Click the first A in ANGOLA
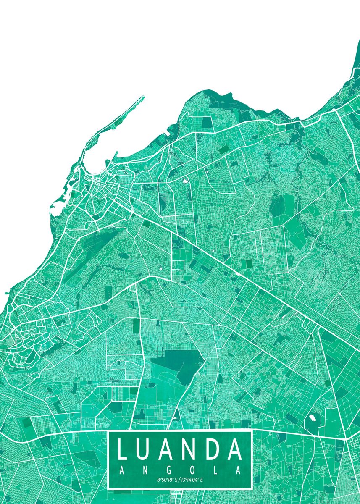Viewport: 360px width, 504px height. [x=122, y=470]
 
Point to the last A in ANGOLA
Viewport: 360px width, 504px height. [x=238, y=470]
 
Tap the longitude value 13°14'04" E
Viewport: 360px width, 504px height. [x=192, y=480]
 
